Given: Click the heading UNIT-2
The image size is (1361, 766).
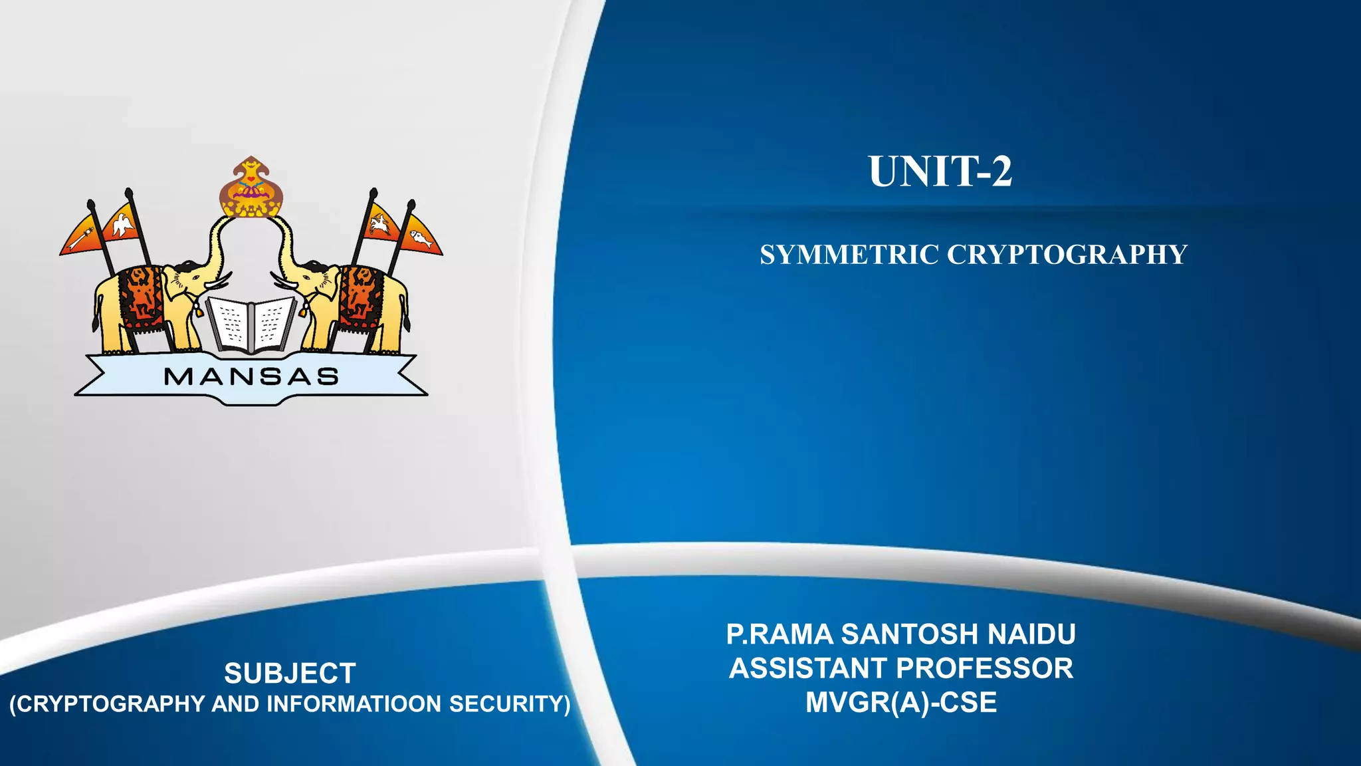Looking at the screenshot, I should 940,172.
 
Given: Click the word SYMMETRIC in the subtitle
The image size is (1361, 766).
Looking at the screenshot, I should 849,255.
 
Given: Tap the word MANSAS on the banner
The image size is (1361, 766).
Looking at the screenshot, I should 251,377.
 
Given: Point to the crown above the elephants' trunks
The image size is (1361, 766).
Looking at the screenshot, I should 251,190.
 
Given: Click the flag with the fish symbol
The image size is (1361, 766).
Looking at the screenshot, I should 421,237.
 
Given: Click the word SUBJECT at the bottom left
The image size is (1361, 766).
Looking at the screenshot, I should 290,674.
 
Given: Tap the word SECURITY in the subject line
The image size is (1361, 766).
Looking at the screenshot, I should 510,704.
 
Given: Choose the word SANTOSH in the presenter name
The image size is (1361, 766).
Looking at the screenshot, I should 910,634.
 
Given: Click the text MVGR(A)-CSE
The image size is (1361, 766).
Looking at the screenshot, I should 901,703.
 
